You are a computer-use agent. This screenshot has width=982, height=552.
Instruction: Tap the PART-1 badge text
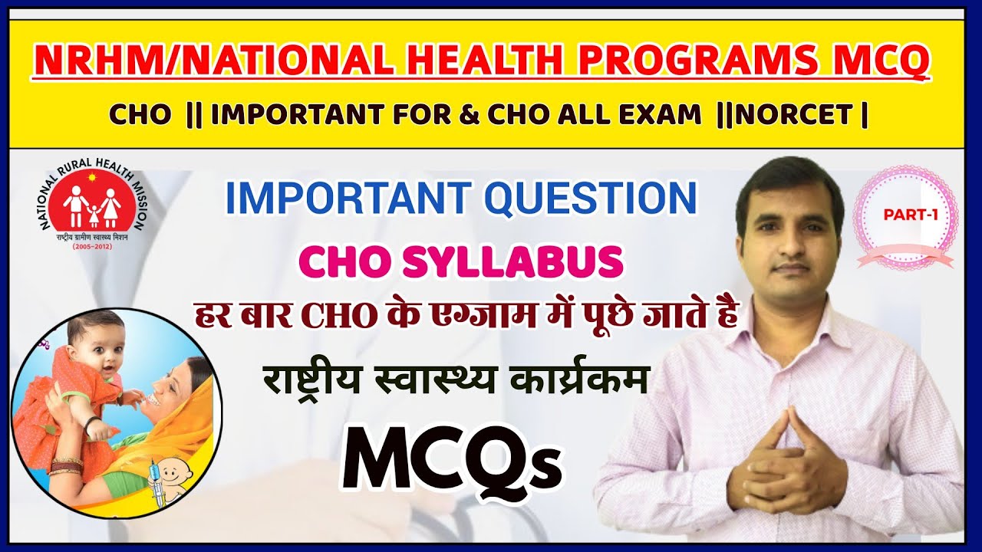click(x=910, y=216)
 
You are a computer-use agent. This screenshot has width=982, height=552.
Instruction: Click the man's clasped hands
click(x=786, y=460)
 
